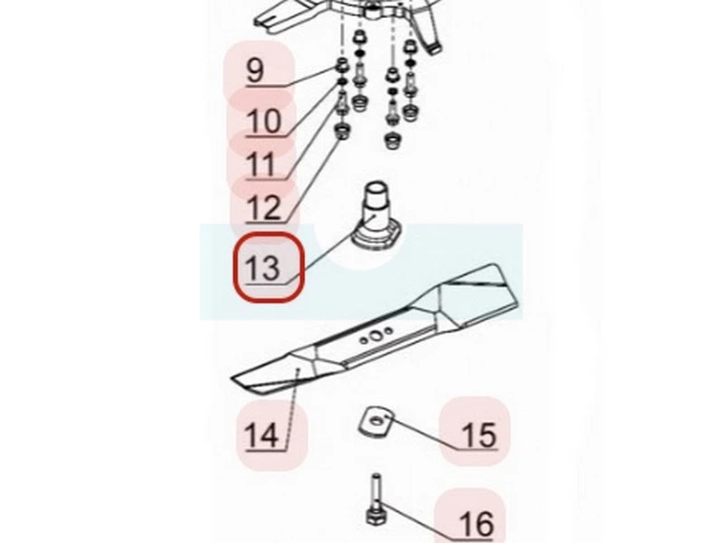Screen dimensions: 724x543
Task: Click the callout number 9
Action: click(x=255, y=71)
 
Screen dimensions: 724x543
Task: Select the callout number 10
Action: click(x=264, y=122)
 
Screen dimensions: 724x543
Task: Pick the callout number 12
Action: click(x=264, y=208)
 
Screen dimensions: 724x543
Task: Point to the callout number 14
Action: click(x=262, y=436)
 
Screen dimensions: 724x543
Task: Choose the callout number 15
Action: click(x=480, y=435)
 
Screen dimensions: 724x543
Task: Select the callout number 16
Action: click(x=476, y=525)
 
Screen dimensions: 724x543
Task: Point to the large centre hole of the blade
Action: click(x=376, y=336)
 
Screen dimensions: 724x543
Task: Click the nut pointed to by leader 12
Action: click(x=342, y=133)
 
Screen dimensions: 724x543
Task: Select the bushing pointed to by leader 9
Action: click(x=343, y=66)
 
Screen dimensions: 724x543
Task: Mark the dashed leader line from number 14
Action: click(x=292, y=408)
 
